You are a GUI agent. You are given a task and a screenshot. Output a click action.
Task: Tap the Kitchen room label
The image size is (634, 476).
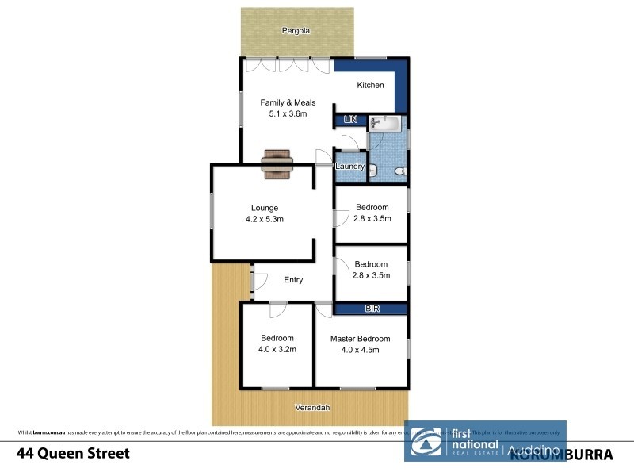click(370, 86)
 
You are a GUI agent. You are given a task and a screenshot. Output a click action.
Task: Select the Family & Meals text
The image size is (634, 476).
click(288, 102)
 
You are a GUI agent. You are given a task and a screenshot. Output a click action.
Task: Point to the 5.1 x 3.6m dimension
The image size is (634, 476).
click(288, 114)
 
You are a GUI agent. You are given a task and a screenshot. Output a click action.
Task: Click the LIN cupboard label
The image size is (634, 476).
click(349, 120)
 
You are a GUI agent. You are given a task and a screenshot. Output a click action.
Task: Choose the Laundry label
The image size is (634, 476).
click(349, 167)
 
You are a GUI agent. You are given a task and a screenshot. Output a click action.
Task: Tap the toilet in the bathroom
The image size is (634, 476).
click(401, 171)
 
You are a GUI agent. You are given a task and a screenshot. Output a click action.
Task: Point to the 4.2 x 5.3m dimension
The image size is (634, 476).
click(264, 220)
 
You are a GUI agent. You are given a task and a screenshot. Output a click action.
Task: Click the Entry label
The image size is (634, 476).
click(293, 280)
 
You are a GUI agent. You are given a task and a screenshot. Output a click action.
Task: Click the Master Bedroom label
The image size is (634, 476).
click(361, 339)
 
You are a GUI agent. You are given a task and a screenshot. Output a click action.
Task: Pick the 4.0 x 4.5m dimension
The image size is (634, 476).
click(361, 350)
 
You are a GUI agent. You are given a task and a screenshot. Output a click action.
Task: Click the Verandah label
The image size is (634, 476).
click(312, 408)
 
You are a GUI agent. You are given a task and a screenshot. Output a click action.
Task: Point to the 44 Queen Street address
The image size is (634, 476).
click(73, 454)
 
